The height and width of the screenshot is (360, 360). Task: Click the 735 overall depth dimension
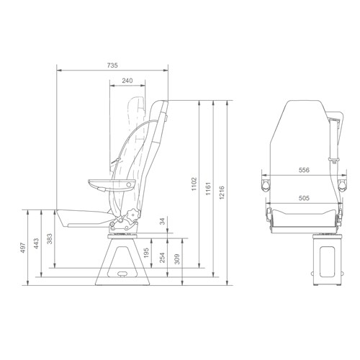[x=112, y=66]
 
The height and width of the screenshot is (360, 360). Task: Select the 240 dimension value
[x=127, y=80]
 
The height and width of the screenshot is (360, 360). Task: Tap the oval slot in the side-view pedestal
[x=123, y=274]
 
